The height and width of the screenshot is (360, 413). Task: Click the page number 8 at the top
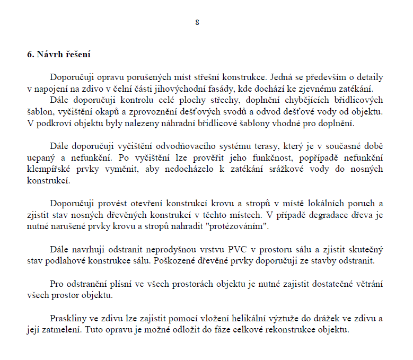[x=197, y=22]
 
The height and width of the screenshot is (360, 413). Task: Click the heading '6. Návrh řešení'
[x=58, y=55]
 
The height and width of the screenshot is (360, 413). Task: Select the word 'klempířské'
[x=47, y=169]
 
